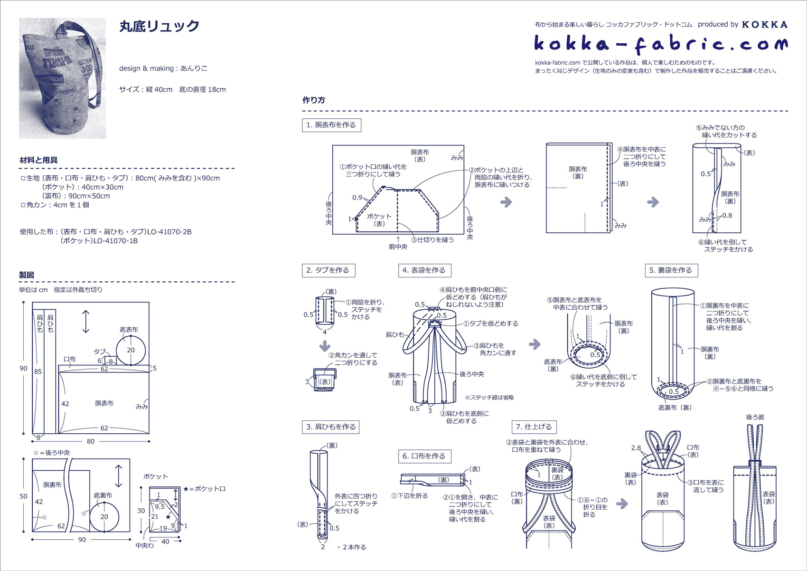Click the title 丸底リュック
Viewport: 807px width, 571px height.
pos(159,27)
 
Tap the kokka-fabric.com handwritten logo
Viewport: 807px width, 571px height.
pos(660,44)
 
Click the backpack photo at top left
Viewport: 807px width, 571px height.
pos(62,78)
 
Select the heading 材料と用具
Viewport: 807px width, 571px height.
pos(38,160)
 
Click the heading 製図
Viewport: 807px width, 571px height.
pos(27,275)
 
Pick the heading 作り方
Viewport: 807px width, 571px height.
pos(313,100)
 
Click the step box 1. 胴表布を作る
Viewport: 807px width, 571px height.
pos(331,125)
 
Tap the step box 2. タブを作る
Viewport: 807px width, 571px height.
pos(328,270)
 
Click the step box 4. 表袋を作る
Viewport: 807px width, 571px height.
pos(424,270)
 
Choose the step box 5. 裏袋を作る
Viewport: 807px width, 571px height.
pos(671,270)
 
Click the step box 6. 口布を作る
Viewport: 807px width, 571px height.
pos(424,456)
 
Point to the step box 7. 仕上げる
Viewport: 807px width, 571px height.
pos(534,427)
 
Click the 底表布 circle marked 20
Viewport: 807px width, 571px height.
pos(131,350)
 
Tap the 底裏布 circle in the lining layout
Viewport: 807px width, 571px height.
pos(104,516)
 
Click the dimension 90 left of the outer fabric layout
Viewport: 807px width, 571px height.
pos(23,368)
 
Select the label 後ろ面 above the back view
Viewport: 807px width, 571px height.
pos(755,417)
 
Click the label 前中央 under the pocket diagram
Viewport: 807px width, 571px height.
pos(398,247)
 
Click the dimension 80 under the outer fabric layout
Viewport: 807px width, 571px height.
pos(91,441)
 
